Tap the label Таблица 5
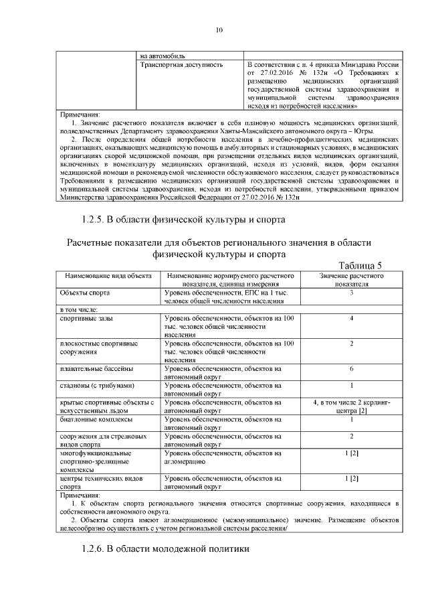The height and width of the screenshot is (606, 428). point(360,265)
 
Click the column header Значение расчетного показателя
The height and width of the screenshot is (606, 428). point(351,279)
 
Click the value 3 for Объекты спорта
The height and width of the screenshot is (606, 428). point(351,293)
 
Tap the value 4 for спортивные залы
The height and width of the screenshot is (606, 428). point(351,318)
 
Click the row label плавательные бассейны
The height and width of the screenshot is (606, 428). point(96,369)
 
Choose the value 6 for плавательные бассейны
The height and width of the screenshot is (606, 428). point(351,369)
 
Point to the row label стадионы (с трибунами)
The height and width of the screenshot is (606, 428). point(98,386)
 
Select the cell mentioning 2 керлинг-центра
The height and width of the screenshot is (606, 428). point(351,406)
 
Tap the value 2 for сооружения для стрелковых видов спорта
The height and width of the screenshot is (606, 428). point(351,436)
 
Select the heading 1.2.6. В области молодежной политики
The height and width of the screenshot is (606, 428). point(165,549)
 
